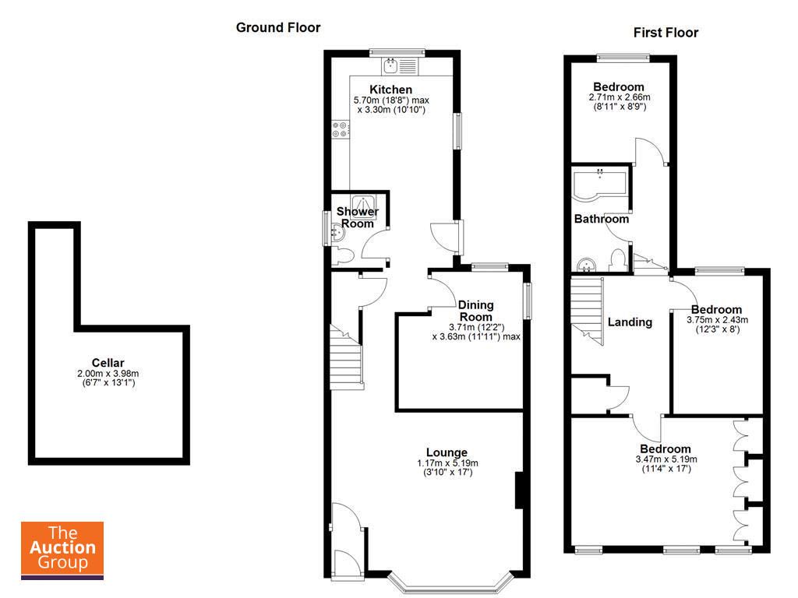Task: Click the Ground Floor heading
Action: (278, 27)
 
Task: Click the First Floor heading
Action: (666, 33)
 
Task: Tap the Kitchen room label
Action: (391, 90)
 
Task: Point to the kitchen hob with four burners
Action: (341, 129)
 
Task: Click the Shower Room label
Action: (357, 217)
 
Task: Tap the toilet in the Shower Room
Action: (344, 255)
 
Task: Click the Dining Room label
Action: (476, 311)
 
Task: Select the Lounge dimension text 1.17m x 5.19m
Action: (447, 463)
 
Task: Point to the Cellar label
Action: (108, 363)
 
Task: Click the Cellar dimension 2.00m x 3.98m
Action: (108, 373)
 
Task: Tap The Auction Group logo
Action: (62, 551)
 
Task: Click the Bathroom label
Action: (602, 219)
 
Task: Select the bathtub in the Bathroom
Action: (600, 184)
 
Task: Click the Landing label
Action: (630, 322)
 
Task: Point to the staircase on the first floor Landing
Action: (587, 310)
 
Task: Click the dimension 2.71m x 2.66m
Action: (620, 97)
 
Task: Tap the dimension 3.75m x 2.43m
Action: (718, 320)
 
